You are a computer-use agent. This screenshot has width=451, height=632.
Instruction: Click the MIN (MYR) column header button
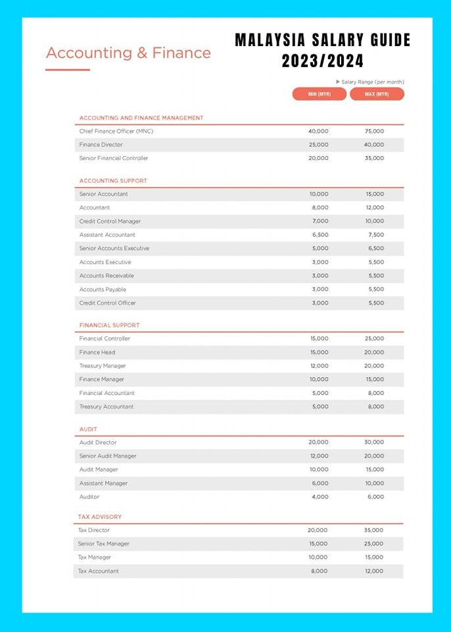tap(319, 94)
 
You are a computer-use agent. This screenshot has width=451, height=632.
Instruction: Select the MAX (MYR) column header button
tap(376, 94)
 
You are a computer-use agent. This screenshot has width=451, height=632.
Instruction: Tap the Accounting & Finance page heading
tap(128, 53)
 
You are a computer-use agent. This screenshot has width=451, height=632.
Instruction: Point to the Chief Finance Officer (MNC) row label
tap(116, 131)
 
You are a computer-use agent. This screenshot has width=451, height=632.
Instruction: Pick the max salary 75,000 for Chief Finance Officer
tap(374, 131)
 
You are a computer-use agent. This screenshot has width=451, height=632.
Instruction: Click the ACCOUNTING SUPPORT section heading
tap(113, 180)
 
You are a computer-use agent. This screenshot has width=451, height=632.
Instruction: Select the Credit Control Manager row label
tap(110, 221)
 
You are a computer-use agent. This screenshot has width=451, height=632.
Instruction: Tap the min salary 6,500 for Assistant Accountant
tap(319, 235)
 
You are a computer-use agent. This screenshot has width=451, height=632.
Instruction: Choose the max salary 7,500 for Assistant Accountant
tap(375, 235)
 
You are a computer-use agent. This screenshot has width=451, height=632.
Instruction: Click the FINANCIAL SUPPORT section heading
tap(109, 325)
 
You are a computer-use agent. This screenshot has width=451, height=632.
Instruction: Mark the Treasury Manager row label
tap(103, 366)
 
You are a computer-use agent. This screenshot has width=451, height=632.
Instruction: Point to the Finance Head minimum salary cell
tap(319, 352)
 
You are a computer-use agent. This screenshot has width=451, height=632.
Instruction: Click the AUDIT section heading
tap(88, 429)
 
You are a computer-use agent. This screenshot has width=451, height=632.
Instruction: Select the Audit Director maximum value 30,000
tap(374, 442)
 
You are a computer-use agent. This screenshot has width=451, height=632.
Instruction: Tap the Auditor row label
tap(89, 497)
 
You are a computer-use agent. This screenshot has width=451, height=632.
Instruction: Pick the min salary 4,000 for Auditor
tap(319, 497)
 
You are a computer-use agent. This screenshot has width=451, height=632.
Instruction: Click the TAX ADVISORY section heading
tap(100, 517)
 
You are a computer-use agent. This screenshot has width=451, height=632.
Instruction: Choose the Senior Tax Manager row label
tap(103, 544)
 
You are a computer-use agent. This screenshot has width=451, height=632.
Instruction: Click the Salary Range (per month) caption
tap(371, 82)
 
